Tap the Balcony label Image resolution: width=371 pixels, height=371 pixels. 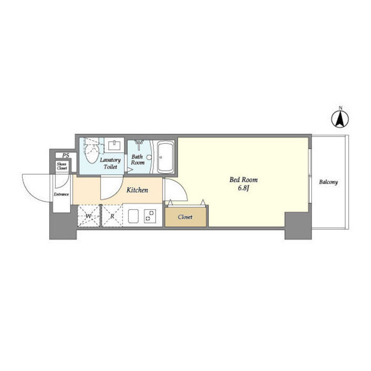[328, 182]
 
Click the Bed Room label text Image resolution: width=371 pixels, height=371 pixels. [243, 180]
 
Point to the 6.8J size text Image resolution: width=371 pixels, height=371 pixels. [244, 188]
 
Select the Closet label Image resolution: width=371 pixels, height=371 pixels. [185, 217]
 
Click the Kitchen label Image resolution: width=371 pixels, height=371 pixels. [137, 190]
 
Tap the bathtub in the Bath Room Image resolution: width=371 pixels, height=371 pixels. [165, 157]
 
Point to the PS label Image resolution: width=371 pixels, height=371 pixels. [66, 155]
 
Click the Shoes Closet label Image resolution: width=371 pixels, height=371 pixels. [62, 166]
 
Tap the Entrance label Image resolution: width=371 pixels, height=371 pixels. [61, 194]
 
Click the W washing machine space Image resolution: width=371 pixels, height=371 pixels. [89, 216]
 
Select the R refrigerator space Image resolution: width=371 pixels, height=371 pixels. [112, 216]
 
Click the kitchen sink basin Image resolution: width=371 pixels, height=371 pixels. [133, 216]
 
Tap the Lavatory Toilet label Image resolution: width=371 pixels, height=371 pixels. [110, 163]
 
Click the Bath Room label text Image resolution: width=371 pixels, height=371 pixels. [138, 160]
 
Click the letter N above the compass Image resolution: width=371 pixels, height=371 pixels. [341, 108]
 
